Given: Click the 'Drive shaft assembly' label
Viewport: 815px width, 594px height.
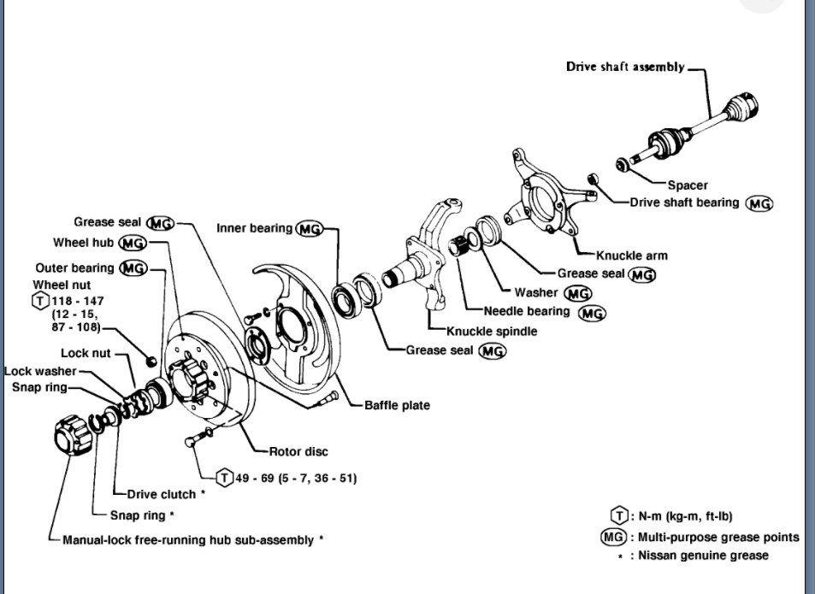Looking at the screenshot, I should click(625, 67).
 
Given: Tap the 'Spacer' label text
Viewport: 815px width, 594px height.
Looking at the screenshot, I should click(687, 185).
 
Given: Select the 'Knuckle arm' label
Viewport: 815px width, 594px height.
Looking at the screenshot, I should click(632, 255).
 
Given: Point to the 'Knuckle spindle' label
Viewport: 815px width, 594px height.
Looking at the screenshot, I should click(492, 331).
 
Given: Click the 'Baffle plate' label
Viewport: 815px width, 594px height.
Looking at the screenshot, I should click(397, 405).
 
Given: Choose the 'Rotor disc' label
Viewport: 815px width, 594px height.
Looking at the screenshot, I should click(298, 451).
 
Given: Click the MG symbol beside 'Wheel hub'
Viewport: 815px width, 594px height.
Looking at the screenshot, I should click(132, 244).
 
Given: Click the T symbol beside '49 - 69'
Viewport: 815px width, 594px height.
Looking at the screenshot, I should click(225, 478).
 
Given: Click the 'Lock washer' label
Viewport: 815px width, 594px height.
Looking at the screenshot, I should click(39, 371).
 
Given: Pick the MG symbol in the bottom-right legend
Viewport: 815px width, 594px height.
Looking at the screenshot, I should click(613, 538).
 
